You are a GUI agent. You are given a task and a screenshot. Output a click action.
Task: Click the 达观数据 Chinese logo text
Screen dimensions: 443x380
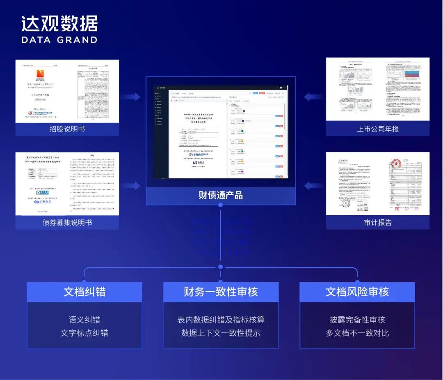pos(59,23)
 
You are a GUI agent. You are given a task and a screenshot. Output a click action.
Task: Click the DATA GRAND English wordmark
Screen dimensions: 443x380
pos(59,40)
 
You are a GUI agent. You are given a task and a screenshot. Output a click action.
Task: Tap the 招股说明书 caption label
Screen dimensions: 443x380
pos(67,129)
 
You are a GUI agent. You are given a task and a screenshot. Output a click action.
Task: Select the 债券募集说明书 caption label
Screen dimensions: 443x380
pos(67,223)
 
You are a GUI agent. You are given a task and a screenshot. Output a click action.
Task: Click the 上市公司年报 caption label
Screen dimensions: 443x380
pos(378,129)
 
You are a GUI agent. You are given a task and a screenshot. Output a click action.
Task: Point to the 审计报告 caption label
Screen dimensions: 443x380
pos(378,223)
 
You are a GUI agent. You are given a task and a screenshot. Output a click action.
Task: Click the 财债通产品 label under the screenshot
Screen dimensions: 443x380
pos(221,195)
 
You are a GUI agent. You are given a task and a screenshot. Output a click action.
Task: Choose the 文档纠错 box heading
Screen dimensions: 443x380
pos(84,292)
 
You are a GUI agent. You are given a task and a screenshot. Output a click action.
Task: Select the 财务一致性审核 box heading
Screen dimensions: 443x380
pos(221,292)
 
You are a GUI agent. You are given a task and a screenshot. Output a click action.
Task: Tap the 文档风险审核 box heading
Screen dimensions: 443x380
pos(357,292)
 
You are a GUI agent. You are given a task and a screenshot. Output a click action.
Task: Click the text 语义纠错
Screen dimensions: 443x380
pos(84,320)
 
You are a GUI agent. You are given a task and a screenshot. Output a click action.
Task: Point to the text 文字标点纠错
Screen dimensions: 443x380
pos(84,333)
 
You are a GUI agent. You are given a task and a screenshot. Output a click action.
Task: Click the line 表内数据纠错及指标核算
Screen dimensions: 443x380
pos(221,320)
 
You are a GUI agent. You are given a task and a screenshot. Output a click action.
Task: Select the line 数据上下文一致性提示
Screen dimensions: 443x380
pos(221,333)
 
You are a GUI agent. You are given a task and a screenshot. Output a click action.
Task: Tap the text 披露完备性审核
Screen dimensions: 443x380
pos(357,320)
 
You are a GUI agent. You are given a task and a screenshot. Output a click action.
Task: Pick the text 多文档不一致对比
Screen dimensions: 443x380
pos(357,333)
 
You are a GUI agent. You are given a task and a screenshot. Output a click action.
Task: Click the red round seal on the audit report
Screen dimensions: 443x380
pos(395,164)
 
